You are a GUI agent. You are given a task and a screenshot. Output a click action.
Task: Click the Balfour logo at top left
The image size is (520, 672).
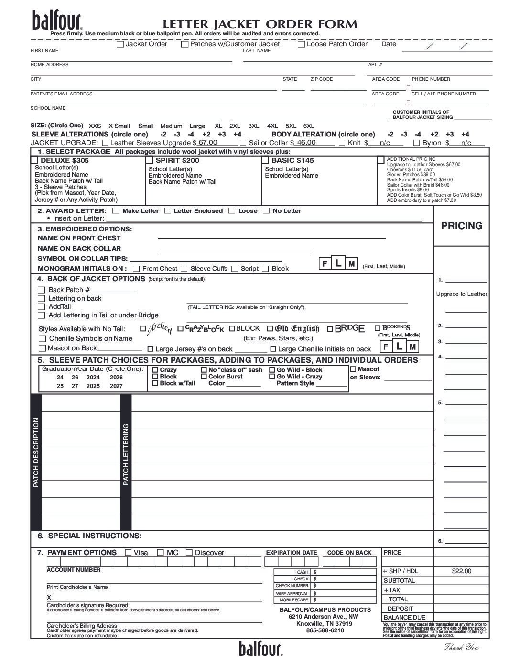point(57,21)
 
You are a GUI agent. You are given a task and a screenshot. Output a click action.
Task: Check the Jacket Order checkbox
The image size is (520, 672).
point(120,44)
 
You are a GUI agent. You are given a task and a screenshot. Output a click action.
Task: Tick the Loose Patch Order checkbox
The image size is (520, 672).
point(302,44)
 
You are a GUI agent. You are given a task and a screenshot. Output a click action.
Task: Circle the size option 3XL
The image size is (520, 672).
point(253,126)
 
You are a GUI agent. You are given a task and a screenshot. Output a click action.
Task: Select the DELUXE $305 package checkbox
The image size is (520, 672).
point(35,160)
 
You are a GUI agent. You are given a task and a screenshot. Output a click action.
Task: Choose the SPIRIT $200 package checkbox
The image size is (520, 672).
point(150,160)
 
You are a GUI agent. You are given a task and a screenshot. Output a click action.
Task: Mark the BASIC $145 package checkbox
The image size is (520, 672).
point(265,160)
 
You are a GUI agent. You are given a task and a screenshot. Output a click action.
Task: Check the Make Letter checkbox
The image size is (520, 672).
point(116,210)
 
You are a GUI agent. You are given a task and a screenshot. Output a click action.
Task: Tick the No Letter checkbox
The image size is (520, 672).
point(266,210)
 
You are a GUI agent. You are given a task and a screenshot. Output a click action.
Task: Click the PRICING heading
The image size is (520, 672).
point(461,226)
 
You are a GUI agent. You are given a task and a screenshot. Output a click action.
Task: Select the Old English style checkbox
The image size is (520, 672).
point(270,328)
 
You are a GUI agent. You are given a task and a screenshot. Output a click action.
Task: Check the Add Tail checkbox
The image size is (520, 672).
point(41,306)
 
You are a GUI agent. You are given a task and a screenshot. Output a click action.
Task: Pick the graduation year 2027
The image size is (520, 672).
point(116,386)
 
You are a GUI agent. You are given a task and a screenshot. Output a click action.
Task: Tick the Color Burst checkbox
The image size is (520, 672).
point(204,377)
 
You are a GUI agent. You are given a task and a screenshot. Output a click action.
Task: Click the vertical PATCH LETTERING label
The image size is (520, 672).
point(126,454)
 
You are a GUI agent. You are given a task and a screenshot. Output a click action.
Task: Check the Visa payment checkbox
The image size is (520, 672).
point(128,553)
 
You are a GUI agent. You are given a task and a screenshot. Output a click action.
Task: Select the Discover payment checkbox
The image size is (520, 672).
point(189,553)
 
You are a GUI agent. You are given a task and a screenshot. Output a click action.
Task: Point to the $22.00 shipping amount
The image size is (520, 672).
point(461,571)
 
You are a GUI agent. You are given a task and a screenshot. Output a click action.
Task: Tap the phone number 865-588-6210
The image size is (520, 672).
point(325,630)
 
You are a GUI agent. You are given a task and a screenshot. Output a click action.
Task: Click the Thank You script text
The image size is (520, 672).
point(461,647)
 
